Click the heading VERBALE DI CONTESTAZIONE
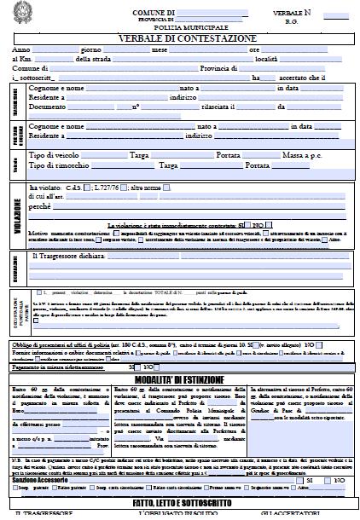[x=179, y=38]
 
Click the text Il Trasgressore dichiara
[x=72, y=255]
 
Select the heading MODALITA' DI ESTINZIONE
[x=179, y=378]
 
